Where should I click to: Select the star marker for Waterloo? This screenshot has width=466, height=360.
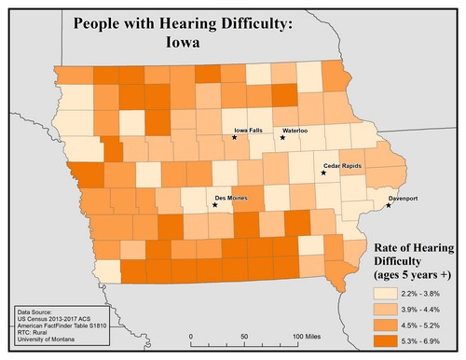pos(282,138)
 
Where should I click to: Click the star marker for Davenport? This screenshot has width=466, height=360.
pos(389,205)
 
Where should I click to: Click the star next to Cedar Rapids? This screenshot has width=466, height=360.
pos(323,173)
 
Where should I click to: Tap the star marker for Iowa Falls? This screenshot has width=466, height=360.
pos(235,138)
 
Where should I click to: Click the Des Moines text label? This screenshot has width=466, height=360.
pos(231,199)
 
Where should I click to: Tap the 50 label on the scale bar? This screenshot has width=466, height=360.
pos(244,336)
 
